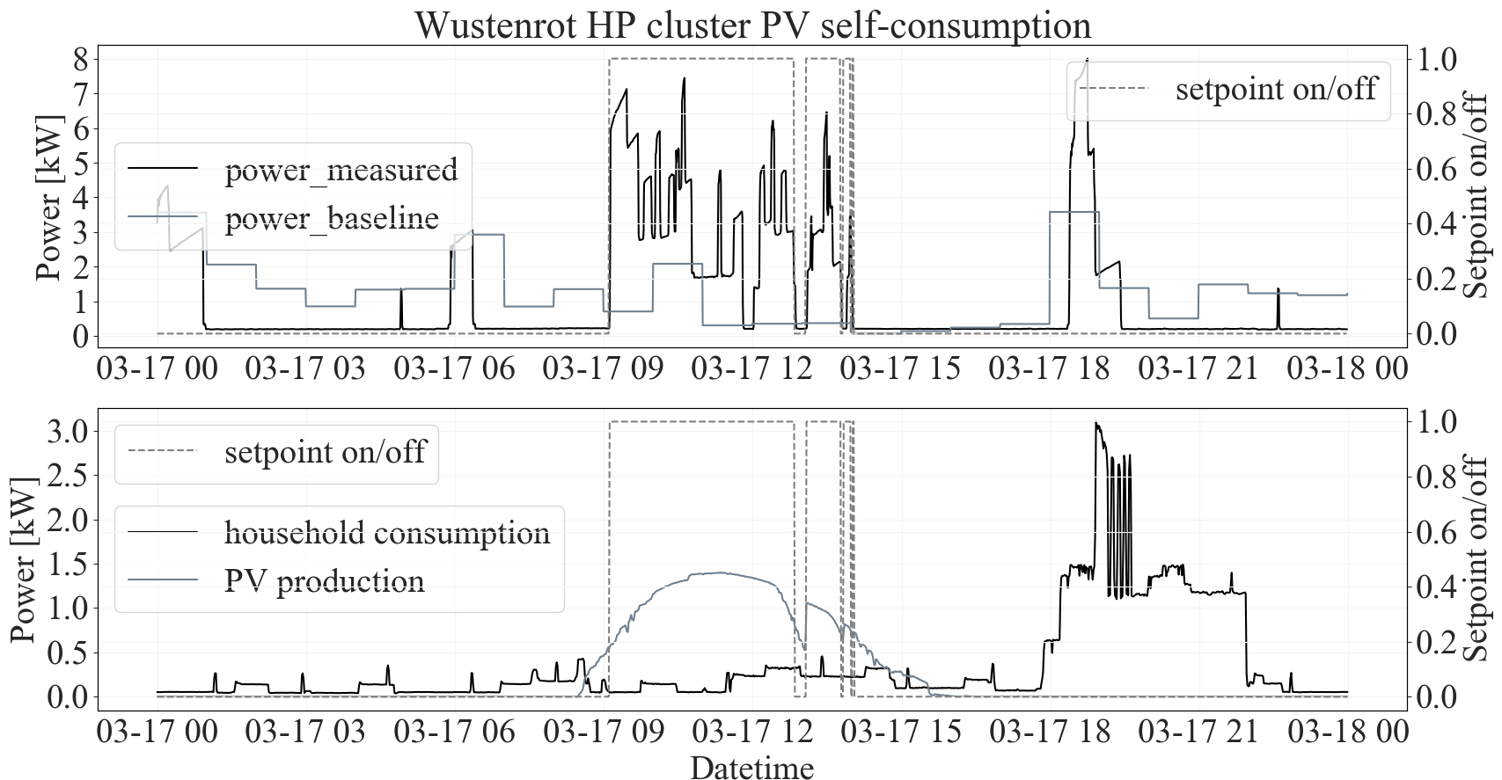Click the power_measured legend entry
(x=341, y=170)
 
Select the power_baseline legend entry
(x=332, y=217)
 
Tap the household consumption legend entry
(x=387, y=532)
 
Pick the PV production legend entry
(x=325, y=580)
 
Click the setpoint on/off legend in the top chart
(x=1275, y=89)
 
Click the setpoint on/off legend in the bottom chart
(x=325, y=452)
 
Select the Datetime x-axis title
(x=752, y=767)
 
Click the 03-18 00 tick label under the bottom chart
(x=1347, y=733)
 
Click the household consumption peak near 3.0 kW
(x=1096, y=424)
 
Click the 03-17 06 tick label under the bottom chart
(x=455, y=733)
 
